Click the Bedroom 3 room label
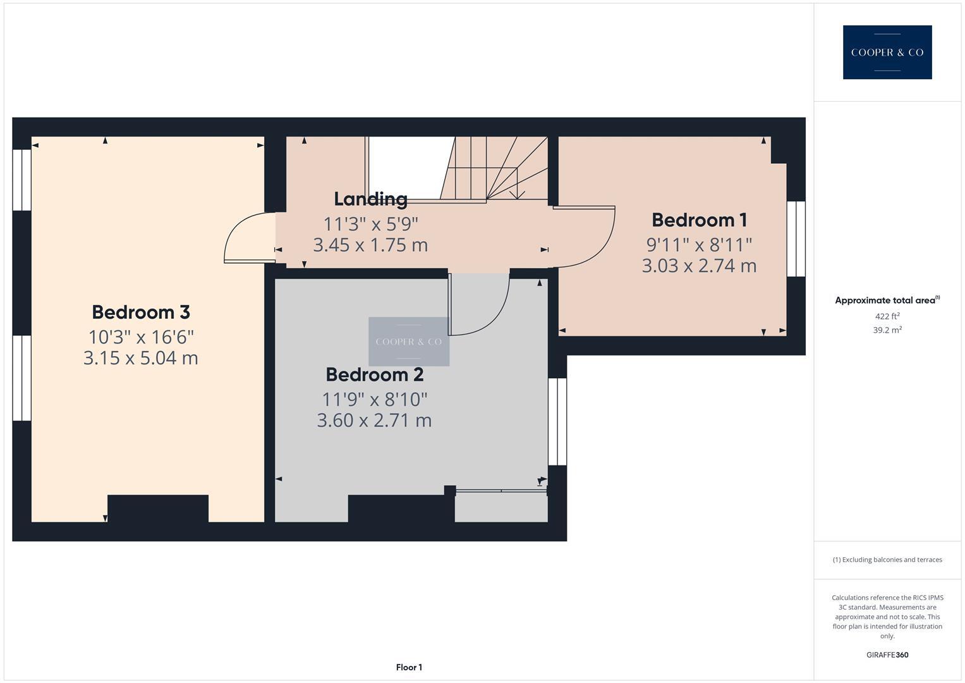pos(141,312)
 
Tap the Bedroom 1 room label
pos(699,220)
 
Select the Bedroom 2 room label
pos(374,375)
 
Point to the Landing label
pos(370,199)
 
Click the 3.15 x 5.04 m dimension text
pos(141,358)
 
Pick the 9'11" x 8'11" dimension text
pos(699,244)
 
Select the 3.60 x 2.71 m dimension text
pos(374,421)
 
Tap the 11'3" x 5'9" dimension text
pos(370,224)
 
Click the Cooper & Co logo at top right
pos(887,52)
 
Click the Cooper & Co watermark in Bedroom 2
pos(409,341)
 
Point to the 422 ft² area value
pos(887,316)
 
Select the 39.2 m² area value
pos(887,330)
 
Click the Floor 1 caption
pos(409,667)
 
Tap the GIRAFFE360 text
pos(887,655)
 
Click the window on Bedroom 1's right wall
pos(796,239)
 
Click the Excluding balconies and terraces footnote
pos(887,560)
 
